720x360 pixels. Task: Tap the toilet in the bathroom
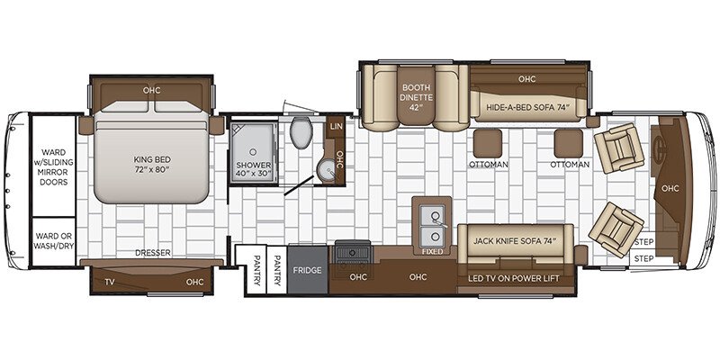pyautogui.click(x=301, y=134)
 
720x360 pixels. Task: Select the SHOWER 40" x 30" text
pyautogui.click(x=253, y=170)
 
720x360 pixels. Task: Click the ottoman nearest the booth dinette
pyautogui.click(x=489, y=143)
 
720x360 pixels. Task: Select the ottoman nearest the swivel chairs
pyautogui.click(x=569, y=143)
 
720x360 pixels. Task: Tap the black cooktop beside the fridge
pyautogui.click(x=348, y=251)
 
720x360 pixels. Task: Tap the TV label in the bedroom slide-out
pyautogui.click(x=110, y=282)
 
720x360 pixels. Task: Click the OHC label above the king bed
pyautogui.click(x=150, y=90)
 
